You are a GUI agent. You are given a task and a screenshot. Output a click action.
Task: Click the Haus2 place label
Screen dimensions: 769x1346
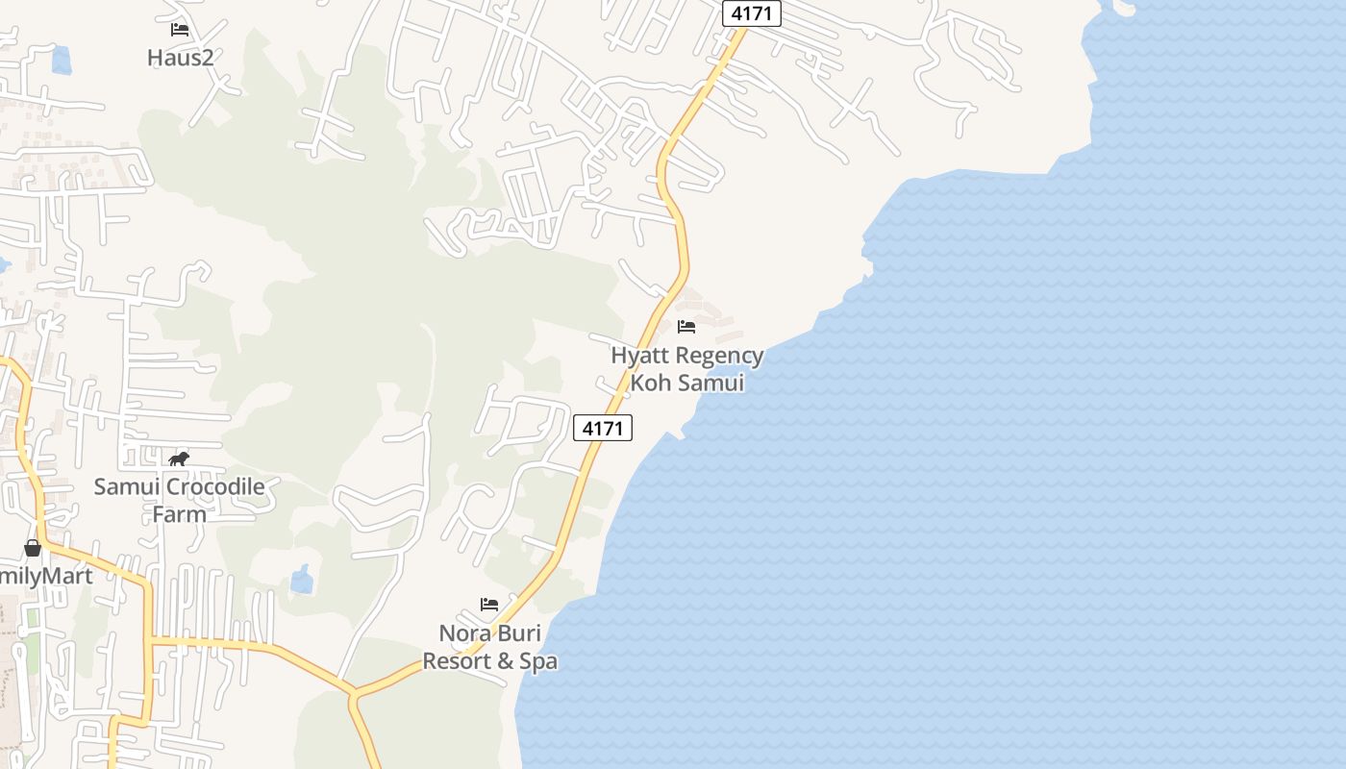180,58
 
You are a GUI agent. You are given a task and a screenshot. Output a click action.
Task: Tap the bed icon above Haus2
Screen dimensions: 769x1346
180,30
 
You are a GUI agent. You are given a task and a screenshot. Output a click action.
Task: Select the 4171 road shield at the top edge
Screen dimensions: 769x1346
752,13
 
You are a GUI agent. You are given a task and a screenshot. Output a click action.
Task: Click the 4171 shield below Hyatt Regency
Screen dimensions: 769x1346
603,428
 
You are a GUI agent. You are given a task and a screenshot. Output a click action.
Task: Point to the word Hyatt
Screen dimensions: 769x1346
639,356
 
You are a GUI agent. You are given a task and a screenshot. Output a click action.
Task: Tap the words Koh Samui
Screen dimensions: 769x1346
687,383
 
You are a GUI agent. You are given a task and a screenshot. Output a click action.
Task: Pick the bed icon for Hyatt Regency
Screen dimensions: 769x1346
686,327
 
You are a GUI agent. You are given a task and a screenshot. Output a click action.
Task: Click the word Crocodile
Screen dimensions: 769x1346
215,486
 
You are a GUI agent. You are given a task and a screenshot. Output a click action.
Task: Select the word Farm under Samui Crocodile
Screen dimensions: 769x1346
179,514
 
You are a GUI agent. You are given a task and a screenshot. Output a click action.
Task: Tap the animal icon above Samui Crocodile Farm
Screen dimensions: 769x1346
179,459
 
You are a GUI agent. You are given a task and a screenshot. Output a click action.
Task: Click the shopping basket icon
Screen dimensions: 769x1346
33,548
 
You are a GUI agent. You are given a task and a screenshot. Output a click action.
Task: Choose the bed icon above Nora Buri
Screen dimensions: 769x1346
489,605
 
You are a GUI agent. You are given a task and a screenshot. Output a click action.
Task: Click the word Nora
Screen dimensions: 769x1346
463,634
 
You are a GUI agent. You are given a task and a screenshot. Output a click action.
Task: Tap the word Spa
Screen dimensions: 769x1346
538,661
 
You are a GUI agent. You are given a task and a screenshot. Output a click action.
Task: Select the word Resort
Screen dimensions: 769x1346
455,661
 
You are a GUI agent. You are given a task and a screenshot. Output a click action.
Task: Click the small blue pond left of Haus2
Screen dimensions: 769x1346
62,61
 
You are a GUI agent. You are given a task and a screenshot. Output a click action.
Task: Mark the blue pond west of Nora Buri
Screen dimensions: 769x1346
302,579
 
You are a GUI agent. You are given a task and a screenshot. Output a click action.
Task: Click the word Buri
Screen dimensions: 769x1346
517,634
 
